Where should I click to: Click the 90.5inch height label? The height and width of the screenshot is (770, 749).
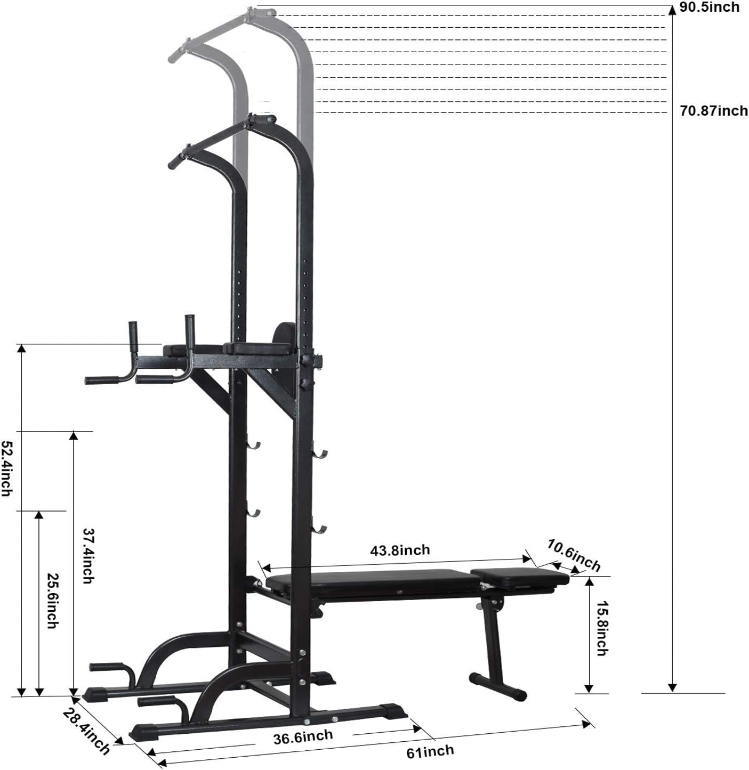pos(709,7)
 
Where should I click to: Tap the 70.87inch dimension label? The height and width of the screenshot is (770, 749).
pos(713,111)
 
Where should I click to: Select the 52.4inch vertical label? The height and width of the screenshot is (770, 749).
pos(6,468)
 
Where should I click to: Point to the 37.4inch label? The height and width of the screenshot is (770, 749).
pos(88,555)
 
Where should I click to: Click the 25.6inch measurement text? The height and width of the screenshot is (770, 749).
pos(52,601)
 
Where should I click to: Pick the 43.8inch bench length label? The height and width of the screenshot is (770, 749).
pos(400,550)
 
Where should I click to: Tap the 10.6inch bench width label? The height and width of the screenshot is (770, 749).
pos(574,555)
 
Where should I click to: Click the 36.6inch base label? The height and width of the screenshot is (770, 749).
pos(303,738)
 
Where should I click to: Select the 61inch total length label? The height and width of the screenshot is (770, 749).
pos(430,752)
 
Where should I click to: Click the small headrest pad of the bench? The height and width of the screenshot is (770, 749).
pos(519,577)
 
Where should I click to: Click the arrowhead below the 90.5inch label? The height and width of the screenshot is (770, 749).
pos(673,10)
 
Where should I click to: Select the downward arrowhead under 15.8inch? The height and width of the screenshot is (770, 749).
pos(589,688)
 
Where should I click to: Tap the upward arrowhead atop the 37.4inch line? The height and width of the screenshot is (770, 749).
pos(74,436)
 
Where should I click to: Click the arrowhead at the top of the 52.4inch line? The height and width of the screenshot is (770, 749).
pos(21,348)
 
